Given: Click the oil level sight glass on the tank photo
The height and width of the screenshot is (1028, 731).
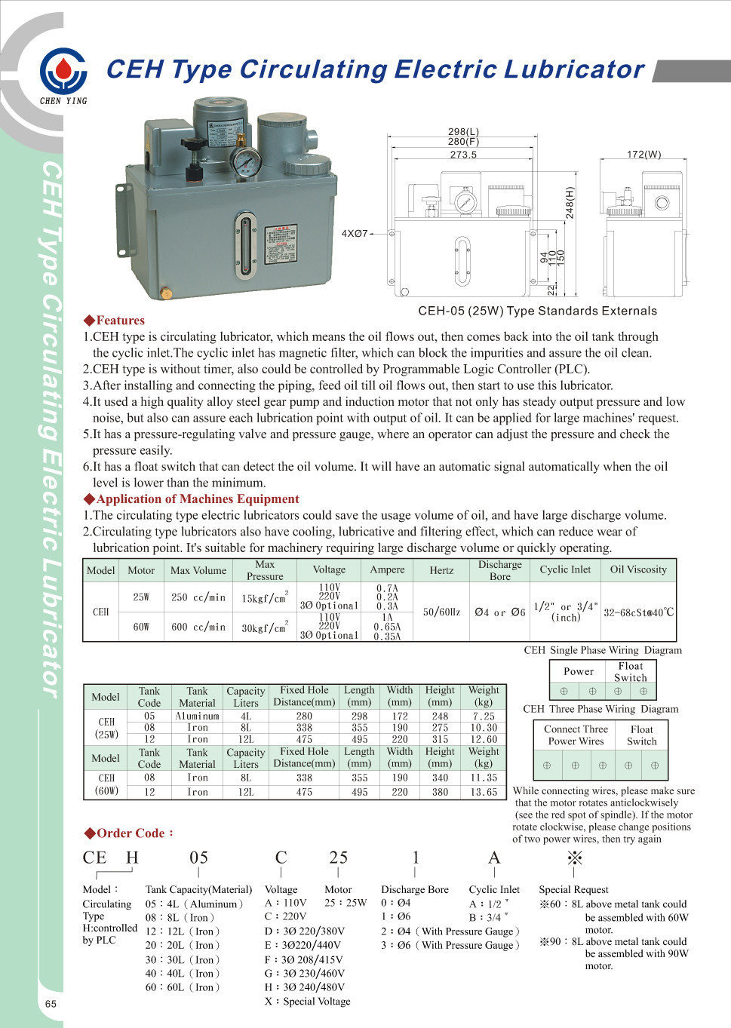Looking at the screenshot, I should tap(245, 244).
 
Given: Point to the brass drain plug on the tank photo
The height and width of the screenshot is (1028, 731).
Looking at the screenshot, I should tap(167, 293).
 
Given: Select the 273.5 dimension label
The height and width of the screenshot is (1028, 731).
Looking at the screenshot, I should tap(463, 155).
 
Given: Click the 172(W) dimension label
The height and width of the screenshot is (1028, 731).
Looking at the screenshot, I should tap(643, 154).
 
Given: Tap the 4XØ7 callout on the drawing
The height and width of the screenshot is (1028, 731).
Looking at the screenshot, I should tap(355, 234).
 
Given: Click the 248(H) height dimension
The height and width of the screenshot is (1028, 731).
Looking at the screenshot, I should tap(570, 202).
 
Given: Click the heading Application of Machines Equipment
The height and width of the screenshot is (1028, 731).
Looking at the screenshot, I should tap(197, 499).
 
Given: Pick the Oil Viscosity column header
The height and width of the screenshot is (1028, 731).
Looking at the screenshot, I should tap(638, 570).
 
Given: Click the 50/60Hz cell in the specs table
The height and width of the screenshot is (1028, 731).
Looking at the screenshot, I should tap(441, 612).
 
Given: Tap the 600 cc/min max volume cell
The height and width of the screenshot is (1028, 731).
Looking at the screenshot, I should tap(198, 627).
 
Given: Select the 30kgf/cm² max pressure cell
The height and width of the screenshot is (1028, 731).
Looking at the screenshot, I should tap(264, 628).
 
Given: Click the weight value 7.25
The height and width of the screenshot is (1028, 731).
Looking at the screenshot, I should tap(484, 717).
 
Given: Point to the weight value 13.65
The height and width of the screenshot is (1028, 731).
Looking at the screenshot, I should tap(484, 793).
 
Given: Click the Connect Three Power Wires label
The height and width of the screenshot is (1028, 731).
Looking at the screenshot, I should tap(576, 735).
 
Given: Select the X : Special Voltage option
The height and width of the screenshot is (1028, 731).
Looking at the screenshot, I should tap(308, 1002).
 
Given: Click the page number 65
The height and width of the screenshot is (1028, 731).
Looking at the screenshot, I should tap(51, 1004).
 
